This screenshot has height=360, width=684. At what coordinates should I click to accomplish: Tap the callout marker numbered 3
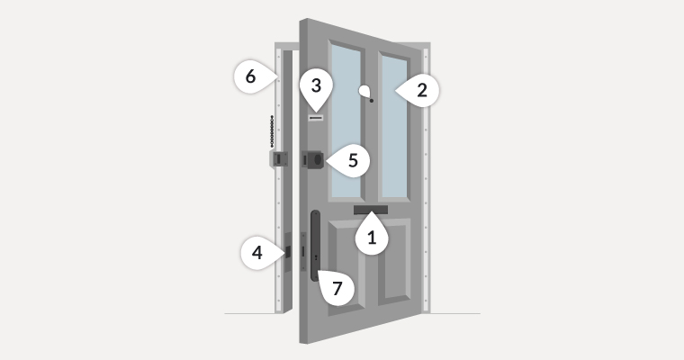315,86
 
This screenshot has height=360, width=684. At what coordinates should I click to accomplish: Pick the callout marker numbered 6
251,76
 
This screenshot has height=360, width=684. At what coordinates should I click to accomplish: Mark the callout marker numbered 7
337,288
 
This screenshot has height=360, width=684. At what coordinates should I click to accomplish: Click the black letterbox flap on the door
371,211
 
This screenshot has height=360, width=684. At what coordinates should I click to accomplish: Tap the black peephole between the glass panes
371,101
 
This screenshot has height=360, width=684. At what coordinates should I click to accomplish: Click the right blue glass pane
395,126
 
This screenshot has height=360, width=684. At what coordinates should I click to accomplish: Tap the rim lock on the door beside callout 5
315,159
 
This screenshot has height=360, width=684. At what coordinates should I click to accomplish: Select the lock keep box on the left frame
279,159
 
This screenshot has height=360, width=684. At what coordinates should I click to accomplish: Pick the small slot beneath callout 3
315,117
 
